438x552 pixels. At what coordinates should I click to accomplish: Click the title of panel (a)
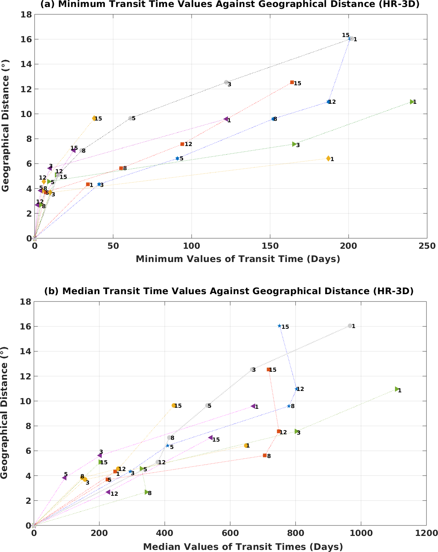click(x=230, y=5)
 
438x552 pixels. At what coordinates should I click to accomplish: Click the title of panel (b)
click(x=229, y=291)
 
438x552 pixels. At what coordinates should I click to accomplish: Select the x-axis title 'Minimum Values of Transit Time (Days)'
click(x=238, y=259)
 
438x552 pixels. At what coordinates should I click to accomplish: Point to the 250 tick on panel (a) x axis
click(x=427, y=246)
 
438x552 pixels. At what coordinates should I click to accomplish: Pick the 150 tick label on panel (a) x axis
click(x=270, y=246)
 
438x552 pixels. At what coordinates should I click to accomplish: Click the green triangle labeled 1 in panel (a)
click(x=412, y=102)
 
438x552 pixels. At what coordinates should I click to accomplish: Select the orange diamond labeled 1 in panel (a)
click(x=328, y=159)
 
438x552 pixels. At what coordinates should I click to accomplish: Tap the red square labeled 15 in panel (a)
click(x=292, y=82)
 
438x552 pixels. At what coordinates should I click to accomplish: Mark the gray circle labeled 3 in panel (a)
click(x=226, y=82)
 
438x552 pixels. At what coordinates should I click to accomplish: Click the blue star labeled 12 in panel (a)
click(x=328, y=102)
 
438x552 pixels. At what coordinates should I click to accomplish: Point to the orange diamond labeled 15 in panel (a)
click(x=94, y=118)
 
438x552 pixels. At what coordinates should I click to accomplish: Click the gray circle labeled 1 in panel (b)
click(x=350, y=326)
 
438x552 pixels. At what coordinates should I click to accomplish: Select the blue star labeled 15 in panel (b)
click(x=279, y=326)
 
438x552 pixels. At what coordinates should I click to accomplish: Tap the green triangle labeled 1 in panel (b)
click(x=397, y=389)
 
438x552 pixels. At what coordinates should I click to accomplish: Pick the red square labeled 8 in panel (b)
click(x=265, y=455)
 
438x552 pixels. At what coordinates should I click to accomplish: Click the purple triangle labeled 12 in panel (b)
click(x=108, y=492)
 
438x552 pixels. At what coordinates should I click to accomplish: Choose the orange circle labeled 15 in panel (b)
click(x=174, y=405)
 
